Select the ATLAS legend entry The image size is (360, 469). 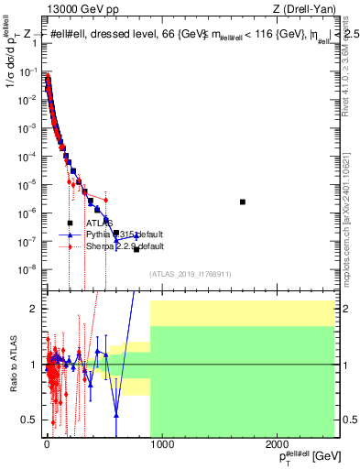99,223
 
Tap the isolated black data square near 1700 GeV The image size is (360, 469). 243,202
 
